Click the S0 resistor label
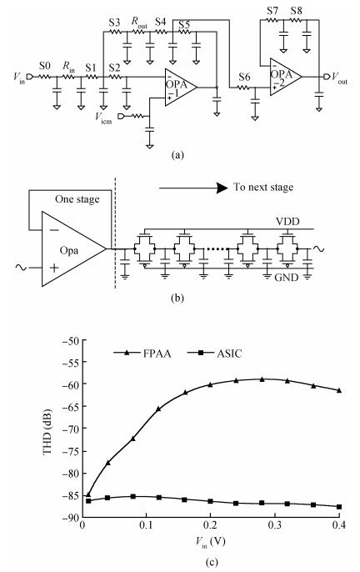point(44,66)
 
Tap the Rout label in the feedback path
point(139,23)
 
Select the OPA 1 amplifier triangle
point(181,88)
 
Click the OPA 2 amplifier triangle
point(286,77)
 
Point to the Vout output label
point(339,78)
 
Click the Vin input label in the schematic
point(19,78)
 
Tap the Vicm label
point(103,118)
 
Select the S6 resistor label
point(244,77)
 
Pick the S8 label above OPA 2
point(297,11)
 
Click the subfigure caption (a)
point(177,155)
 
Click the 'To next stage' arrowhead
point(222,188)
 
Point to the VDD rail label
point(288,221)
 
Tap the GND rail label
point(287,278)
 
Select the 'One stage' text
point(77,199)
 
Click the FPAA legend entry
point(142,354)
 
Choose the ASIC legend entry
point(214,354)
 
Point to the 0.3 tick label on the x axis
point(274,525)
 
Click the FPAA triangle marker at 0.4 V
point(339,390)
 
